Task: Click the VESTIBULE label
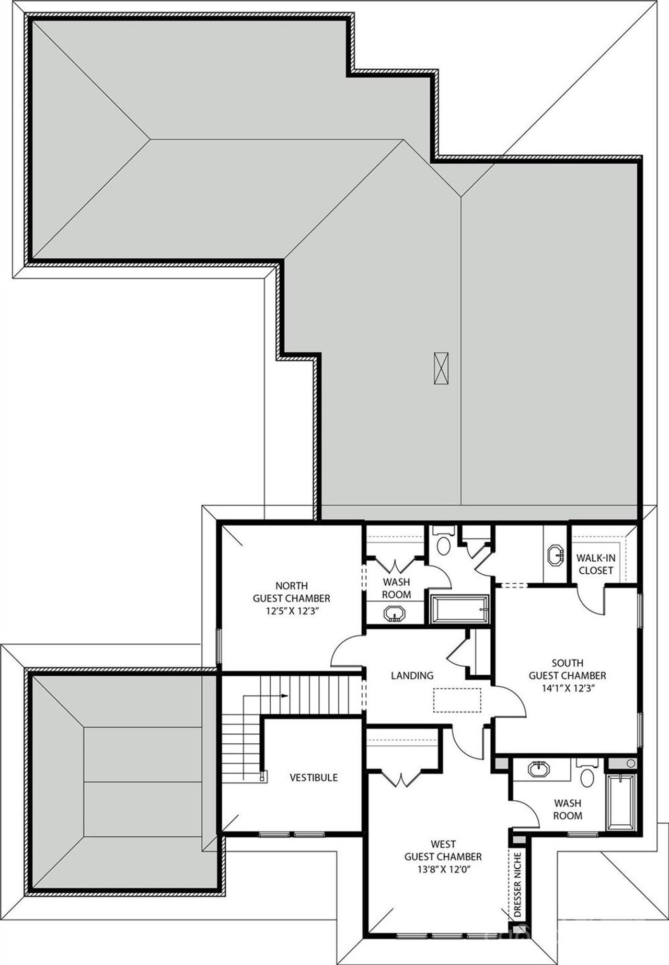click(314, 777)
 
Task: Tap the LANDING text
click(412, 675)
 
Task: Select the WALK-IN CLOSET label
click(595, 564)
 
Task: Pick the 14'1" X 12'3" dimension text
click(567, 688)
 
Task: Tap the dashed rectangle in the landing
click(457, 700)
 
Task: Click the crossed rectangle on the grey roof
click(441, 368)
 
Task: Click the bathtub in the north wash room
click(459, 609)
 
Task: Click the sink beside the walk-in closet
click(555, 555)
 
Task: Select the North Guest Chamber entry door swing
click(345, 651)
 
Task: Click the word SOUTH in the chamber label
click(567, 663)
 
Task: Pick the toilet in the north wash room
click(444, 546)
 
